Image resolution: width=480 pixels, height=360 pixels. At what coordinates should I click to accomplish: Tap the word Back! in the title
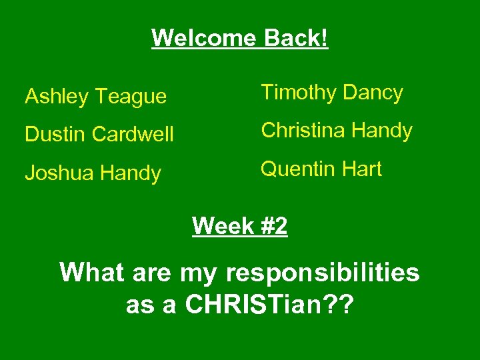(296, 38)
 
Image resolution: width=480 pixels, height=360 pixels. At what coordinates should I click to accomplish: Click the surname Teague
(130, 97)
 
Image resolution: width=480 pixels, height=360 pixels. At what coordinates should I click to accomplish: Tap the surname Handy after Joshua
(131, 173)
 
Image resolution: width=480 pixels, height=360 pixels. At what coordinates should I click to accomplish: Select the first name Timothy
(295, 93)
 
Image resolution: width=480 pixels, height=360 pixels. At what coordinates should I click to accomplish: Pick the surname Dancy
(370, 93)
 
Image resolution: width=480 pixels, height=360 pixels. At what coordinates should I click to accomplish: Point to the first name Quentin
(297, 169)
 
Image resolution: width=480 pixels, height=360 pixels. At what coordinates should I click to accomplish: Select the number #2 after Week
(273, 227)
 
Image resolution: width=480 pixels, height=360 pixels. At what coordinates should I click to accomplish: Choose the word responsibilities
(323, 273)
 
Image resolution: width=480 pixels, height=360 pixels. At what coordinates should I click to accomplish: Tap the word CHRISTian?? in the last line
(270, 305)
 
